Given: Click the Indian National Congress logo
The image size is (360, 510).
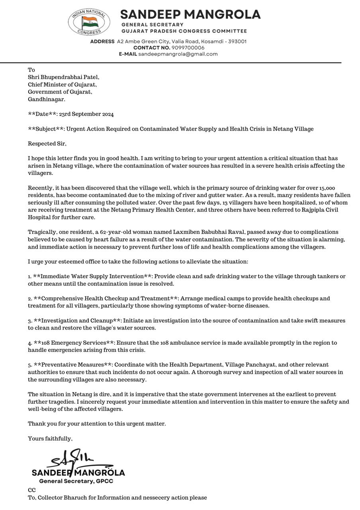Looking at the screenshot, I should [89, 22].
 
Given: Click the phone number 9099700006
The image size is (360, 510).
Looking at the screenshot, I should [188, 48].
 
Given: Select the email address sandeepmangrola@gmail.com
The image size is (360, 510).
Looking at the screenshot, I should [178, 54].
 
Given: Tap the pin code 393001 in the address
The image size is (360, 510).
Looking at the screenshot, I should [237, 41].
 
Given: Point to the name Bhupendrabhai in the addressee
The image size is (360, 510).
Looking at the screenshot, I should [60, 77].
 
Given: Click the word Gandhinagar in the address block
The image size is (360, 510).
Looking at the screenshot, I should [46, 99].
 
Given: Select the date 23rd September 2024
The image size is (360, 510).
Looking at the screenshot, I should [86, 114].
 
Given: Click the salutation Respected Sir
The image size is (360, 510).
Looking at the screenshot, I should [47, 144].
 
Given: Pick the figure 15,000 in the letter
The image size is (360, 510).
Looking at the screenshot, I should [327, 188].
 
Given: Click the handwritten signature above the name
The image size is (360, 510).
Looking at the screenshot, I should [76, 459].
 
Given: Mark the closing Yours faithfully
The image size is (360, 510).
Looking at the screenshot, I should [50, 439].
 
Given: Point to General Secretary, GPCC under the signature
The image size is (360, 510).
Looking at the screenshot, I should [76, 481].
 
